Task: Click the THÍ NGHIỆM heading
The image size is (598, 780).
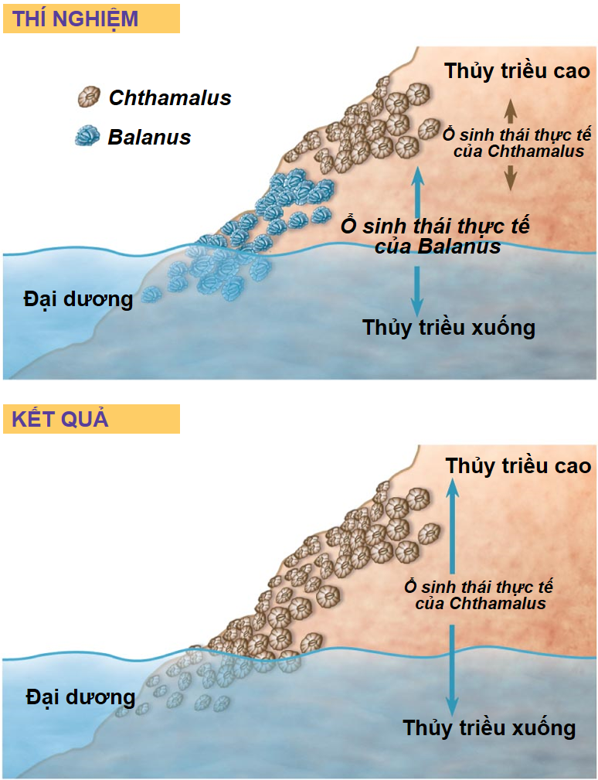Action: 76,19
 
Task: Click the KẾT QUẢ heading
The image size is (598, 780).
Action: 60,419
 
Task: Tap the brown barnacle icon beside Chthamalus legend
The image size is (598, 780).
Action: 90,97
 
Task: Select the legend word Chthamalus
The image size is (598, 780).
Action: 170,98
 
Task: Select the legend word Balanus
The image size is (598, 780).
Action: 149,138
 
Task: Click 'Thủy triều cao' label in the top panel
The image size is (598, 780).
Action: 517,71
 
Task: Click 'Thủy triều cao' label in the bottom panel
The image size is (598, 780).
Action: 518,466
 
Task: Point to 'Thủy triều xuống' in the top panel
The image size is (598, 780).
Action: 449,327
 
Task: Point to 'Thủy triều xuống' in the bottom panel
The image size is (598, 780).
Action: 489,727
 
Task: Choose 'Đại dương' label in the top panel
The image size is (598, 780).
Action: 78,298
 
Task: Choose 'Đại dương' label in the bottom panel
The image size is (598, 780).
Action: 80,697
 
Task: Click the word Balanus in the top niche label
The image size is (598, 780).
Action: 460,247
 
